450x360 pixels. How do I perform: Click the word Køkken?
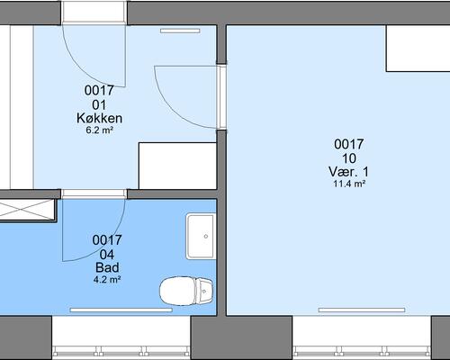pos(100,118)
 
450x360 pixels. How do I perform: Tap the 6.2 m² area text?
pos(100,130)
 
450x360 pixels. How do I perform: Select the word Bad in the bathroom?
pos(107,267)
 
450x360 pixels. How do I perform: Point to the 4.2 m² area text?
pos(107,280)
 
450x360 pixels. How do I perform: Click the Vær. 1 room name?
pos(349,172)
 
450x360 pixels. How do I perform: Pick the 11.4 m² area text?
pos(349,184)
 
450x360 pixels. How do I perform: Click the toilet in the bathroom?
pos(186,291)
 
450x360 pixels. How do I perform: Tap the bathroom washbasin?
pos(201,236)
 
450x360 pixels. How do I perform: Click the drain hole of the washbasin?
pos(206,237)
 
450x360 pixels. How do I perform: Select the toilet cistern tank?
pos(204,291)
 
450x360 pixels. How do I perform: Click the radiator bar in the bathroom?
pos(121,310)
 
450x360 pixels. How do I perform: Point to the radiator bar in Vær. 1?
pos(362,310)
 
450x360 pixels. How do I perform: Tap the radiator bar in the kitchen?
pos(180,31)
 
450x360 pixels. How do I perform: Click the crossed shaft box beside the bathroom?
pos(28,210)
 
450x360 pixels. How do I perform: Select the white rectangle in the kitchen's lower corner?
pos(177,166)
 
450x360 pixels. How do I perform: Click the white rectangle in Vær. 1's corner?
pos(418,49)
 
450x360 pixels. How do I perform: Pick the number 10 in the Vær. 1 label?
pos(349,158)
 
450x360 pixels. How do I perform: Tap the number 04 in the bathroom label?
pos(107,255)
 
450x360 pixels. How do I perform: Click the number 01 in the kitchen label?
pos(99,105)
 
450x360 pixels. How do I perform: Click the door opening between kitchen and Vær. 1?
pos(222,96)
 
